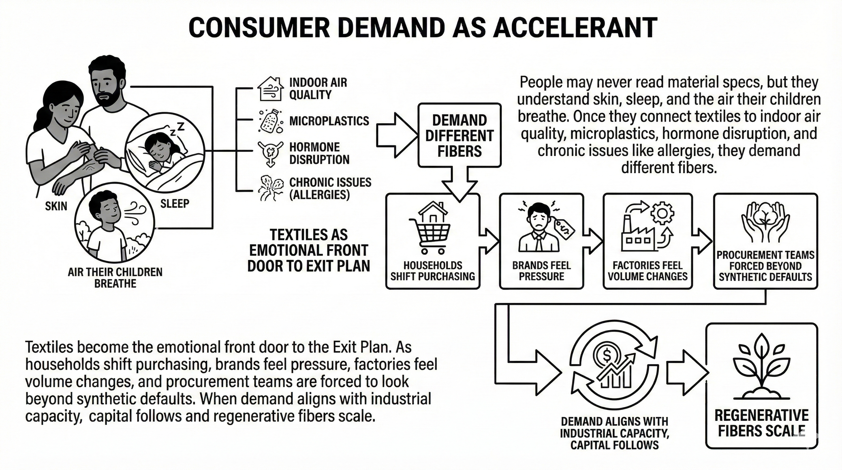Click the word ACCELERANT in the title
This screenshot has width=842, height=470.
coord(575,28)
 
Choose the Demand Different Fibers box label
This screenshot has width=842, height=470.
coord(459,136)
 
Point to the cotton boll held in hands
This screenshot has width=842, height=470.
coord(766,216)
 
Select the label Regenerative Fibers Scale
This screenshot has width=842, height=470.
coord(761,423)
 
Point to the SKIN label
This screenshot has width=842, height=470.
coord(56,206)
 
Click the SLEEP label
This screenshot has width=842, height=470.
coord(174,203)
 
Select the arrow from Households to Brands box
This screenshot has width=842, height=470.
coord(489,241)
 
